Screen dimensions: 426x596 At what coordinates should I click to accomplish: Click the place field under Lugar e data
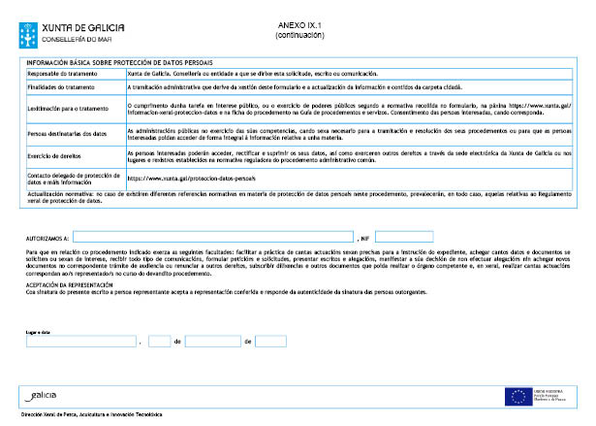[81, 342]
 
